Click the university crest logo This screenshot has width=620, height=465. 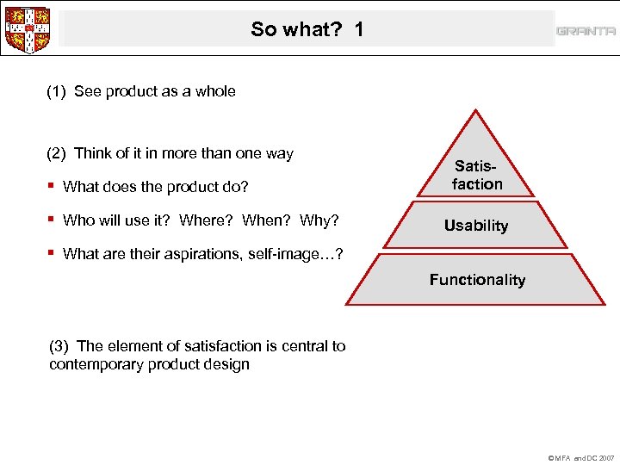[27, 29]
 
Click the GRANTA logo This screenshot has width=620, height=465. [586, 31]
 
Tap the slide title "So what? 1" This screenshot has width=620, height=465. [307, 29]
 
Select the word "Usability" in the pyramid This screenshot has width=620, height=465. [476, 226]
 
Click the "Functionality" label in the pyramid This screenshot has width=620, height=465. [477, 280]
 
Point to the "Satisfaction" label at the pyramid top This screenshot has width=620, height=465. [477, 175]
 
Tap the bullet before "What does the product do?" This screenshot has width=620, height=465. [53, 186]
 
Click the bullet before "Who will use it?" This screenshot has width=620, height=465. [53, 220]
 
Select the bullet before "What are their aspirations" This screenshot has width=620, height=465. [53, 252]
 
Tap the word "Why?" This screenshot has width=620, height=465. [319, 220]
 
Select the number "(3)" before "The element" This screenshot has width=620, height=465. [59, 346]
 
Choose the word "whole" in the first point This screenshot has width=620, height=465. [215, 91]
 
